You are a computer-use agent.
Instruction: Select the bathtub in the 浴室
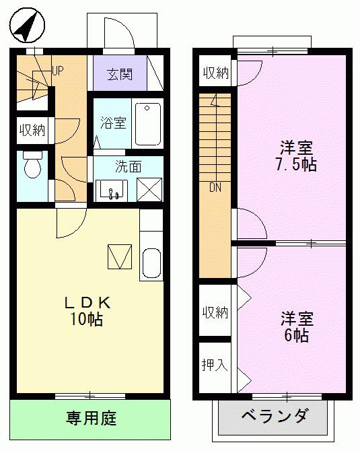pyautogui.click(x=148, y=123)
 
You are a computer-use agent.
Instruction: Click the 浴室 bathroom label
pyautogui.click(x=113, y=123)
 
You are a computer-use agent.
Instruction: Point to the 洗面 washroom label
pyautogui.click(x=128, y=167)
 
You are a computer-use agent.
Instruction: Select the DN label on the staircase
pyautogui.click(x=215, y=188)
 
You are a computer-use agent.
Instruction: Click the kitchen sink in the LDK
pyautogui.click(x=151, y=263)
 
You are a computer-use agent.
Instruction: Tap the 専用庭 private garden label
pyautogui.click(x=91, y=419)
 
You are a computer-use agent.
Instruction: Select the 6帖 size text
pyautogui.click(x=296, y=336)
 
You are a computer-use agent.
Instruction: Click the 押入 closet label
pyautogui.click(x=215, y=365)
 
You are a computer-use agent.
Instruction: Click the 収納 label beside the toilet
pyautogui.click(x=32, y=130)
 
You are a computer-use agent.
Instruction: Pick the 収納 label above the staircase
pyautogui.click(x=215, y=73)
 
